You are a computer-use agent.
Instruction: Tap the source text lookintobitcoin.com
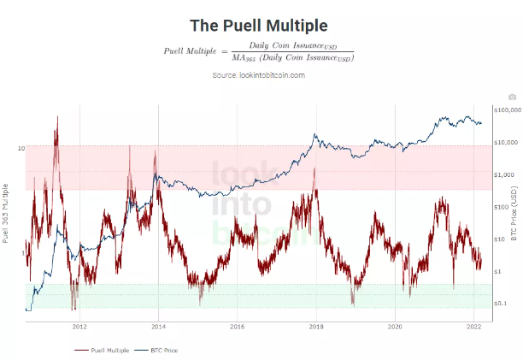tap(258, 75)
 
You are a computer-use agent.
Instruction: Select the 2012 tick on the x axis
tap(79, 327)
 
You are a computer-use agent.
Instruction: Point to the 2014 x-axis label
tap(158, 327)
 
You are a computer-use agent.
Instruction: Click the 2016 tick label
tap(238, 327)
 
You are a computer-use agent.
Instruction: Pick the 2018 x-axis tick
tap(316, 327)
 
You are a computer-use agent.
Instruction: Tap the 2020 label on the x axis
tap(395, 327)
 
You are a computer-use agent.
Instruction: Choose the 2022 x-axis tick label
tap(473, 327)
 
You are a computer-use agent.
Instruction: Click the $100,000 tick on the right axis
tap(502, 110)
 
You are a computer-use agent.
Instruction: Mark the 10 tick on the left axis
tap(20, 148)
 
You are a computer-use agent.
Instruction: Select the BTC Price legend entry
tap(160, 350)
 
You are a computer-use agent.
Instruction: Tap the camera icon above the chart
tap(511, 97)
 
